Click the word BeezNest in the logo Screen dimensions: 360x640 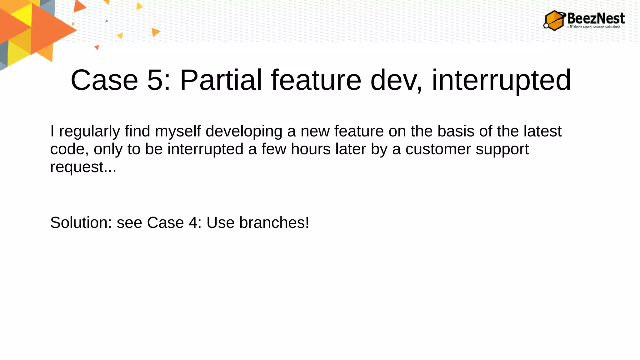click(596, 18)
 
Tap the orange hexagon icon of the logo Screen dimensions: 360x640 click(555, 21)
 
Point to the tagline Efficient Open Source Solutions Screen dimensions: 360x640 click(594, 27)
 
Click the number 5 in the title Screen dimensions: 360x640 click(155, 80)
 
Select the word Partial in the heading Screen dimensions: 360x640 click(221, 80)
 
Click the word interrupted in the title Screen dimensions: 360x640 click(501, 80)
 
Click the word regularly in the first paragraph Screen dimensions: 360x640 click(89, 131)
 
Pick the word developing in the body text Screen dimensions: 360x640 click(244, 131)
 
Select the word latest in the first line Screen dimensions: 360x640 click(542, 131)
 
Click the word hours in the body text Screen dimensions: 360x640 click(311, 149)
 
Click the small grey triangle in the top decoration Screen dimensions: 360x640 click(107, 21)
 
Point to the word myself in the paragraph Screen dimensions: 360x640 click(178, 131)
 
